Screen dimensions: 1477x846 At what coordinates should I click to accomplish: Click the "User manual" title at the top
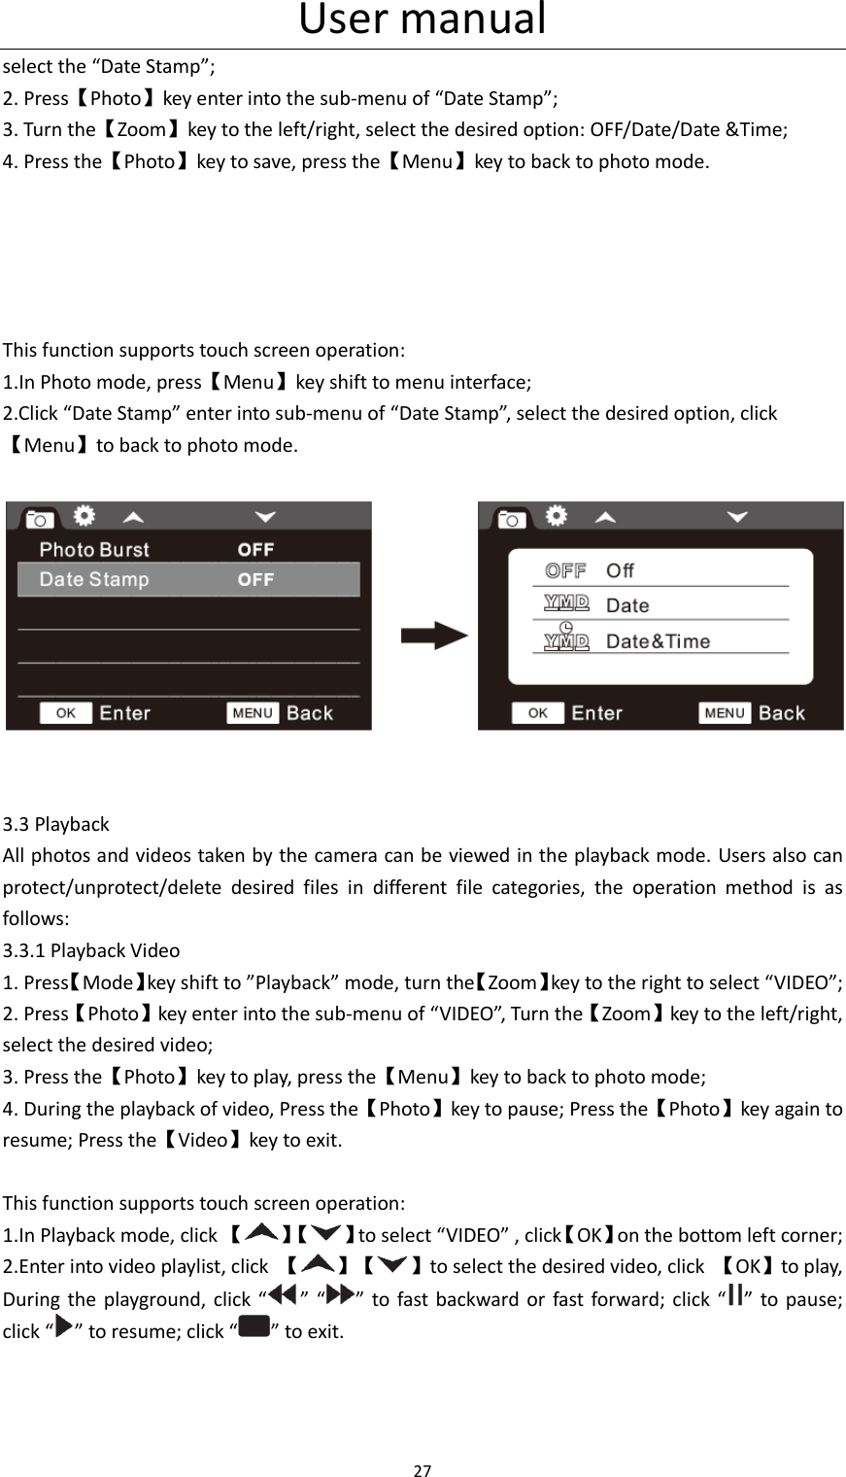423,19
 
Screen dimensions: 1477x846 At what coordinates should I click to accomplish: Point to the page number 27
423,1469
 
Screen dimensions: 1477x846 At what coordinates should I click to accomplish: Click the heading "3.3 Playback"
56,824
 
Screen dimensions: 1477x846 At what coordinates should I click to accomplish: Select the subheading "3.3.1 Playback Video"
91,950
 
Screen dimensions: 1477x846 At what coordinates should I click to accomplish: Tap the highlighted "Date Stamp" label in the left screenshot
94,580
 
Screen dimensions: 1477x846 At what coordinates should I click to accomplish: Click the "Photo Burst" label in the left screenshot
94,550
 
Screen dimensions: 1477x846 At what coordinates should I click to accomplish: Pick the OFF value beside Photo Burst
255,550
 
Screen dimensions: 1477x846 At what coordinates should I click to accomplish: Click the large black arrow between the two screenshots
434,637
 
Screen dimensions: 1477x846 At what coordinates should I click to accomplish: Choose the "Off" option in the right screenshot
620,570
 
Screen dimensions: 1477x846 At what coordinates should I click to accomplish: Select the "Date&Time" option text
658,641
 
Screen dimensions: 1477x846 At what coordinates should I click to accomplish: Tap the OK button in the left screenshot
66,713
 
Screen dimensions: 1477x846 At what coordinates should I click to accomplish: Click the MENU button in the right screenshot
725,713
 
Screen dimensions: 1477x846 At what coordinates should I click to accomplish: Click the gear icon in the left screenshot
85,515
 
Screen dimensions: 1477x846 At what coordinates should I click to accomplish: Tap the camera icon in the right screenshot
511,518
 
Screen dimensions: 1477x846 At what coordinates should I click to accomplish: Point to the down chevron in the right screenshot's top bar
737,517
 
